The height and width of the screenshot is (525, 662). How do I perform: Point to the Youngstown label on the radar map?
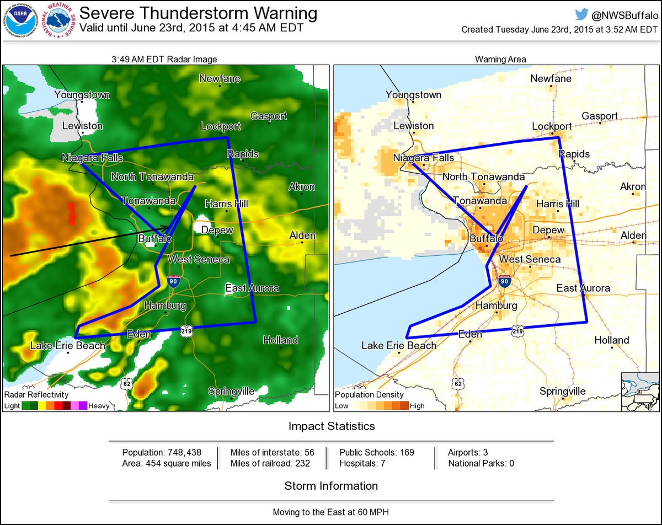[82, 95]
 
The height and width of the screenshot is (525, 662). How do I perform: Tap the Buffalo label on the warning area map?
[486, 239]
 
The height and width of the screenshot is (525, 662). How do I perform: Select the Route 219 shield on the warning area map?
[517, 330]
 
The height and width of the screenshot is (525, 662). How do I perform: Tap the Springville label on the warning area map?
[563, 391]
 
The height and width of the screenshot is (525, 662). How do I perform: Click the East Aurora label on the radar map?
[252, 288]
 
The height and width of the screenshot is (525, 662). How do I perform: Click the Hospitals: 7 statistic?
[362, 463]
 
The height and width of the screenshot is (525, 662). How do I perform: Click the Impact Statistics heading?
[331, 426]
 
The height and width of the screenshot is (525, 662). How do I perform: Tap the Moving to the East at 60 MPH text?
[331, 512]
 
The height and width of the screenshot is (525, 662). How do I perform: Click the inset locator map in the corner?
[640, 392]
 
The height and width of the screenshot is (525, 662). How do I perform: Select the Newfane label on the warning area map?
[551, 78]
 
